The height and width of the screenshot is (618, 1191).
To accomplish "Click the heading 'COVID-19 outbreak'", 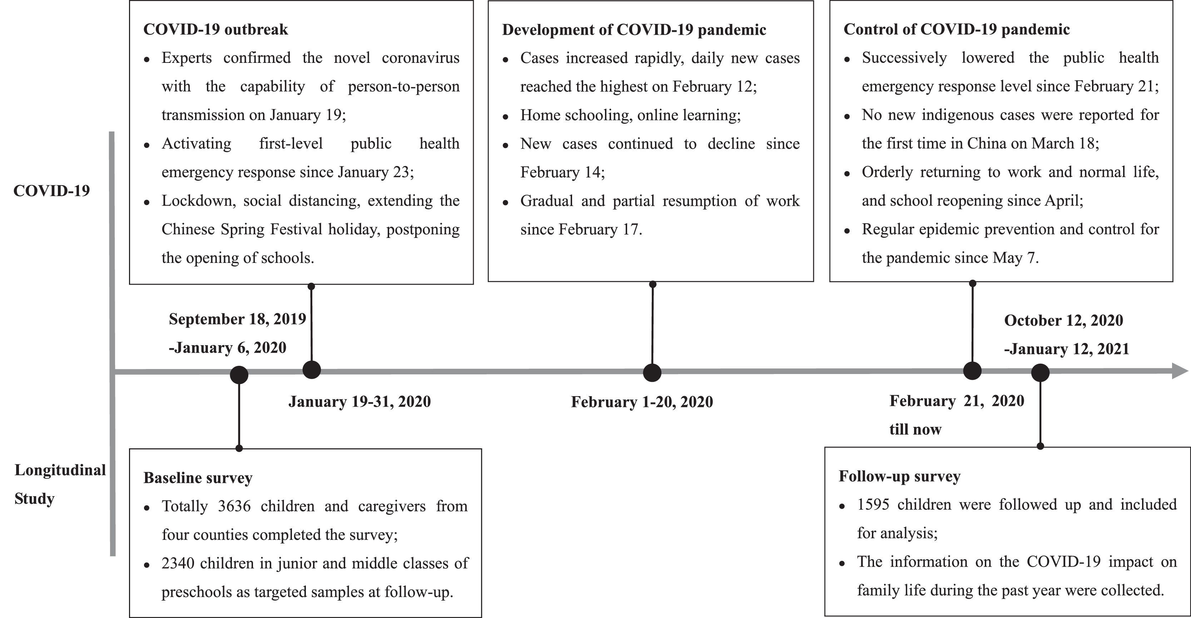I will [215, 30].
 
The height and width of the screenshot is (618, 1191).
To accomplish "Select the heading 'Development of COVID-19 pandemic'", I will [634, 30].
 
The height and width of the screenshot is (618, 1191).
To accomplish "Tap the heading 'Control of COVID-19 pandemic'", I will [956, 30].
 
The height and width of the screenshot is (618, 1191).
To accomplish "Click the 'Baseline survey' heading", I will [198, 478].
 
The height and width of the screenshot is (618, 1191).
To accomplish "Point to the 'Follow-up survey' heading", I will [899, 477].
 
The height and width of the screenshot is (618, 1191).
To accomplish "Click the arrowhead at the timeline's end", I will [1180, 371].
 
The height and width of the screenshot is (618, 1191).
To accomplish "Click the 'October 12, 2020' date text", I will [1063, 321].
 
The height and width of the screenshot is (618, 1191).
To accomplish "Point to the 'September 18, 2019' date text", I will [237, 319].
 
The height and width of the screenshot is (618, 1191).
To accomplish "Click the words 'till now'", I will [915, 430].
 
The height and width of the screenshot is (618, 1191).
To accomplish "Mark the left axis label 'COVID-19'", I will [51, 191].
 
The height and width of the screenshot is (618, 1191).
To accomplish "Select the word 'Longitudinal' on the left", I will [60, 470].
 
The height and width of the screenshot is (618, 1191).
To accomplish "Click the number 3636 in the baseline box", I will [234, 507].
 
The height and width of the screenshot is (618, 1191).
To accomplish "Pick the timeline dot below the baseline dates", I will [239, 374].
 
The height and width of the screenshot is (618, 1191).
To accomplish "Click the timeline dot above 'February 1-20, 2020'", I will [652, 373].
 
